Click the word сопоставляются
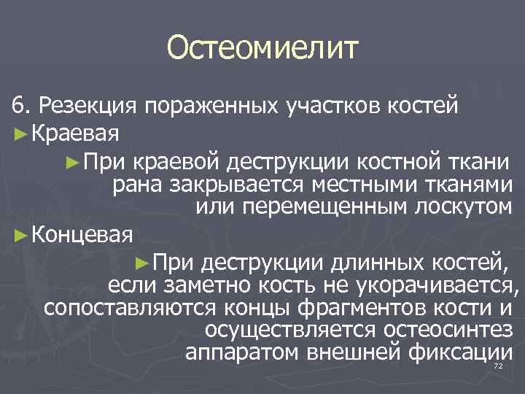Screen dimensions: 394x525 tap(125, 307)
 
